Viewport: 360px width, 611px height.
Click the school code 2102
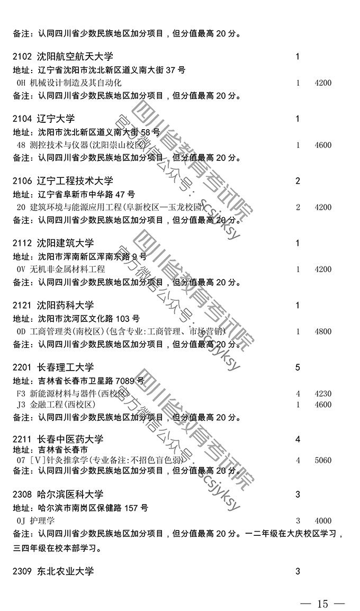tap(22, 57)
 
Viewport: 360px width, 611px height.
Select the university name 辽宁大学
tap(56, 119)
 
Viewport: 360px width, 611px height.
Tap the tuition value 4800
tap(322, 331)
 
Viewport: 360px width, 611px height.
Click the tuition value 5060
tap(322, 460)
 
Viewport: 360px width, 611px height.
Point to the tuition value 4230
tap(322, 393)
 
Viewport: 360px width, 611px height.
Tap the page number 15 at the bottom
tap(322, 604)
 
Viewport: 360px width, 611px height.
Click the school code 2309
tap(22, 571)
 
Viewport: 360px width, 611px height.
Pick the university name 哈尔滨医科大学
tap(70, 495)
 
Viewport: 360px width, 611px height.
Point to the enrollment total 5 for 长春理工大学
tap(298, 367)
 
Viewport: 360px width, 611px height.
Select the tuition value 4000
tap(322, 520)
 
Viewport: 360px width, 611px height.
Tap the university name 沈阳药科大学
tap(65, 305)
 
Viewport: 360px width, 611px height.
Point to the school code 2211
tap(22, 439)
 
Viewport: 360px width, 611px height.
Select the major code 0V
tap(21, 269)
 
